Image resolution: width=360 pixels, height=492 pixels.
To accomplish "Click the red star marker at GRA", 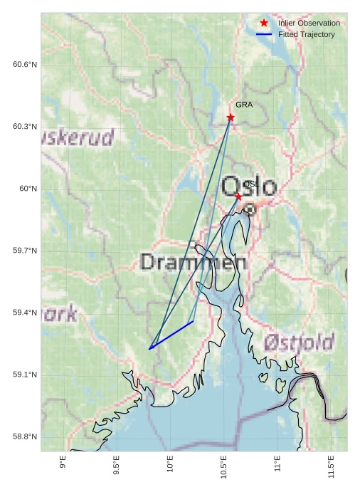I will tap(231, 117).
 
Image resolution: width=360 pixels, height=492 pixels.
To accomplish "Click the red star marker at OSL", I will tap(238, 195).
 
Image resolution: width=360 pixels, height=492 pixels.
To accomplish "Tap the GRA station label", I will tap(244, 105).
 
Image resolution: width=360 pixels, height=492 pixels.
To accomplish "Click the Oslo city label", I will tap(249, 187).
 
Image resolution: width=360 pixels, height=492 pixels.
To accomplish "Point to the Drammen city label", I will tap(194, 262).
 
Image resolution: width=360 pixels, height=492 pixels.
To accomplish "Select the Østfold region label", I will tap(299, 342).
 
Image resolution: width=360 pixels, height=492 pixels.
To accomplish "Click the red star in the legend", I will tap(264, 23).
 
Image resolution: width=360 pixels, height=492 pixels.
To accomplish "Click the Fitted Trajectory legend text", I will tap(307, 34).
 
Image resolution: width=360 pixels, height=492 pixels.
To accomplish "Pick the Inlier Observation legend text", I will tap(309, 23).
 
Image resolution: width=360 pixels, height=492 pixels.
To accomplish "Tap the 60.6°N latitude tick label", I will tap(25, 65).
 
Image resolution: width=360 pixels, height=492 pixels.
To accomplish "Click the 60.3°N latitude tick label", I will tap(25, 127).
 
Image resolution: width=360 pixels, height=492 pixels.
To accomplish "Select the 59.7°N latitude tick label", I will tap(25, 251).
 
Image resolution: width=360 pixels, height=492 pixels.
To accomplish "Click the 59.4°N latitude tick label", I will tap(25, 313).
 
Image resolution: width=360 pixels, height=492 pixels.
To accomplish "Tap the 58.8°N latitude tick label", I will tap(25, 436).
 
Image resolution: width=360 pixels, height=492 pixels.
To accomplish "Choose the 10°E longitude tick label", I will tap(170, 464).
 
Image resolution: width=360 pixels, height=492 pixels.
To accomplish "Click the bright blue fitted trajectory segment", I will tap(171, 335).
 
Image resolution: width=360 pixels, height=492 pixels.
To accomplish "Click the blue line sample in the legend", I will tap(264, 34).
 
